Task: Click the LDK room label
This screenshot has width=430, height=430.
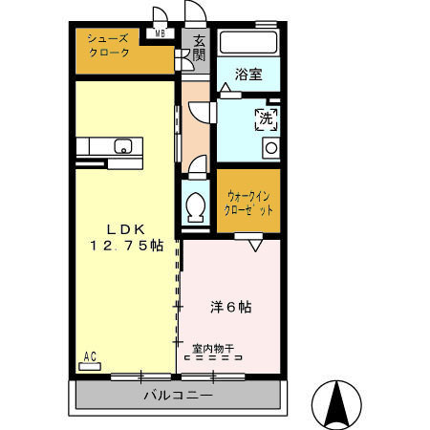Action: (124, 229)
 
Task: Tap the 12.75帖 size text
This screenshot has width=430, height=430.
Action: (126, 246)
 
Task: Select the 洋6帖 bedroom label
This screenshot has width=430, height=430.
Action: (230, 307)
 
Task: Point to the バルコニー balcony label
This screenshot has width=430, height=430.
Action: (178, 394)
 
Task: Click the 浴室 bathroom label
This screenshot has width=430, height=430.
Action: (248, 75)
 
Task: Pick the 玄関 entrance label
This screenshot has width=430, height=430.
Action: (199, 49)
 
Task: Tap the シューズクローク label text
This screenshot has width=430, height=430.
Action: (108, 45)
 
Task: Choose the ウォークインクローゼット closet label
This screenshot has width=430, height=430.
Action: (248, 201)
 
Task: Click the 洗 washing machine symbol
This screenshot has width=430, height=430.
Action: (266, 119)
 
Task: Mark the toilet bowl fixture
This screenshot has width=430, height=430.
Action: (197, 205)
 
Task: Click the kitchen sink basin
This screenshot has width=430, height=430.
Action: (122, 146)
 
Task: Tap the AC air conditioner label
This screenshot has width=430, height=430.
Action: (90, 357)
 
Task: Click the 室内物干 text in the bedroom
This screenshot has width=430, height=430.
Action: (213, 349)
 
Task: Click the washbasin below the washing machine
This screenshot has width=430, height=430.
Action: (270, 147)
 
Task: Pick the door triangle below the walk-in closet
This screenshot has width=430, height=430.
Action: (255, 245)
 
